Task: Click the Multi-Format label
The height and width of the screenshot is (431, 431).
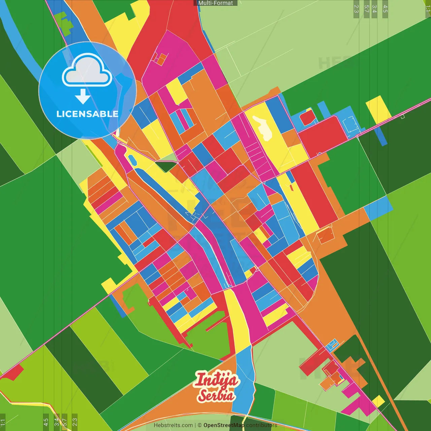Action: (215, 3)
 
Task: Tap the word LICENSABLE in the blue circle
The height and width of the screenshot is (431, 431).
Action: (87, 114)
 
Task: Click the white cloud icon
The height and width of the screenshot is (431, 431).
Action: (87, 71)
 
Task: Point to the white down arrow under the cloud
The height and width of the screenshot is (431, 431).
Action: (83, 96)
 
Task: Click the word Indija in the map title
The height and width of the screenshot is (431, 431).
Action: (217, 380)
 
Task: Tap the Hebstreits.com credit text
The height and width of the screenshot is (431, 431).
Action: (173, 425)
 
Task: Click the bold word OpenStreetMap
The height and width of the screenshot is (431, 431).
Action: (224, 425)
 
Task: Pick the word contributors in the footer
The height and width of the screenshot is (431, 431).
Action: (262, 425)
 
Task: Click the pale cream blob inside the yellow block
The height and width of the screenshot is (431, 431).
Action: (264, 128)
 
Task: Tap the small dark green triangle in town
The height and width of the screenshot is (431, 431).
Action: (166, 166)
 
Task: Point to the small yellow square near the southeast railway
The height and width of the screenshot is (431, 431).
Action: (378, 401)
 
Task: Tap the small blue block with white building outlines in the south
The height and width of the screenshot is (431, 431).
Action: (332, 344)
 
